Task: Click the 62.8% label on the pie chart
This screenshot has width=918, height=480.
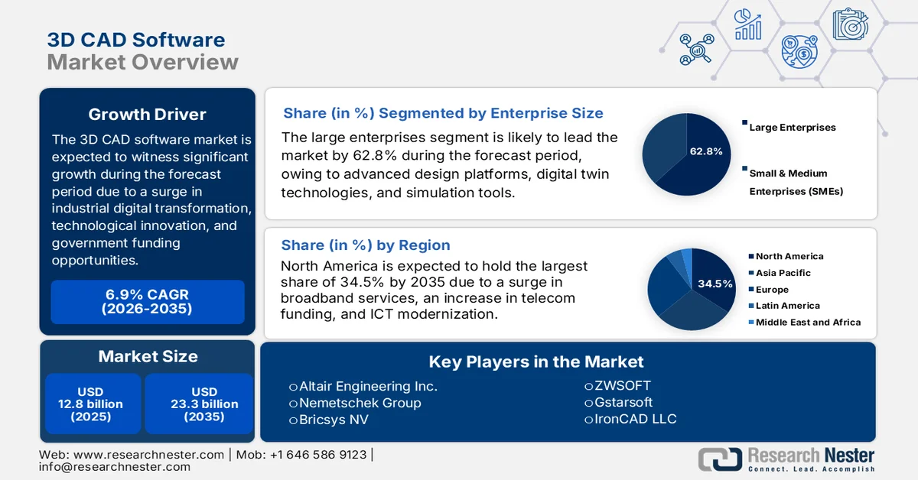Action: pos(705,151)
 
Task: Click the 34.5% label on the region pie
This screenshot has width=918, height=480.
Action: pos(715,284)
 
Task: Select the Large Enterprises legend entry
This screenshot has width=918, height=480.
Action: pos(792,128)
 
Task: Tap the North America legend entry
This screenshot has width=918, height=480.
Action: pos(789,256)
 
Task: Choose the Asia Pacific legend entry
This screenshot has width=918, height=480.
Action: pos(783,273)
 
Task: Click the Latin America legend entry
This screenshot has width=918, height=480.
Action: pos(787,306)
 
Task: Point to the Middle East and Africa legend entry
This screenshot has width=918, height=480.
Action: pos(807,323)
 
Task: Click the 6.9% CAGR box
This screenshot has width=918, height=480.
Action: pos(147,302)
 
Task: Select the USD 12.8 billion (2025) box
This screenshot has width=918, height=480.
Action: pos(93,404)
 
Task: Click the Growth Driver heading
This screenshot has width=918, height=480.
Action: pos(147,115)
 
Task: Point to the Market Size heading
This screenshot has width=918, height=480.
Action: pos(147,356)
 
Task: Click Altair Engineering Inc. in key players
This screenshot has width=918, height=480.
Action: pos(367,386)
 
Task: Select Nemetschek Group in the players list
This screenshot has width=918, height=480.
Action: pos(360,403)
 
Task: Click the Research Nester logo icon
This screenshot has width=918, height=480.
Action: pos(719,459)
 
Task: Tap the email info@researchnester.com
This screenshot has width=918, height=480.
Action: pos(114,467)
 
